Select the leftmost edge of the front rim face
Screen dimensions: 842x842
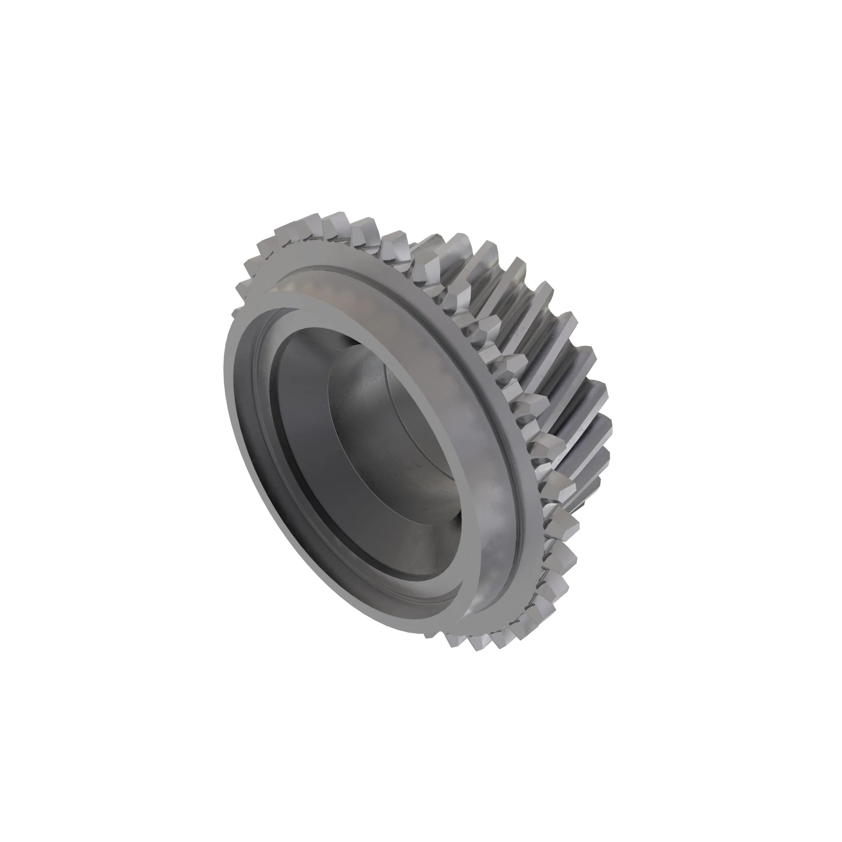226,375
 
